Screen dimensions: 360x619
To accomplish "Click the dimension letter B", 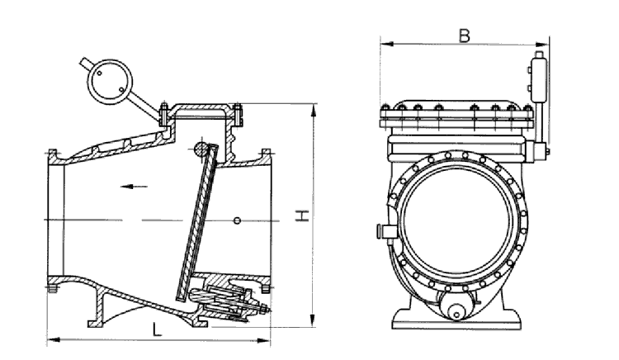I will click(x=465, y=36).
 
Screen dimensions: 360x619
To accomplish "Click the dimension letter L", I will click(x=157, y=329).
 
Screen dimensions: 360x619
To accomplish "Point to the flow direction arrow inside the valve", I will click(x=127, y=186).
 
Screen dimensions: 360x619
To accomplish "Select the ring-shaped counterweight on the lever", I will click(x=109, y=80).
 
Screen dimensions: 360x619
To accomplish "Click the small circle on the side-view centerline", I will click(x=237, y=220).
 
